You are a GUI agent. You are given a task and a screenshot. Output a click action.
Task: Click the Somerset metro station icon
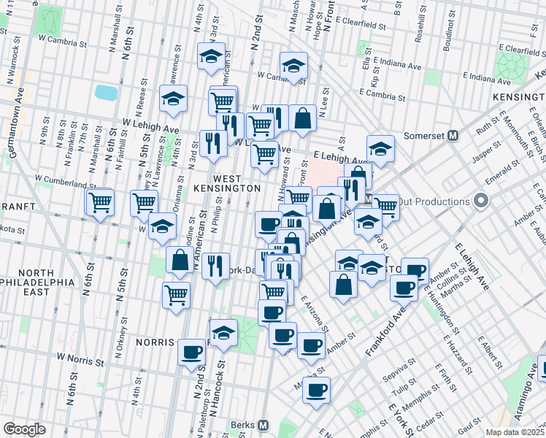pyautogui.click(x=453, y=135)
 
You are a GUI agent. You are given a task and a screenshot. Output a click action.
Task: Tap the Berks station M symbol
pyautogui.click(x=264, y=426)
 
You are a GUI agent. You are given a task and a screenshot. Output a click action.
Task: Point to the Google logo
pyautogui.click(x=24, y=429)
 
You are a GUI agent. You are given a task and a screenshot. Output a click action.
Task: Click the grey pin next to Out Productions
pyautogui.click(x=480, y=201)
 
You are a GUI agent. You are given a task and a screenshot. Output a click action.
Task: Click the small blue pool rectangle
pyautogui.click(x=106, y=93)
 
